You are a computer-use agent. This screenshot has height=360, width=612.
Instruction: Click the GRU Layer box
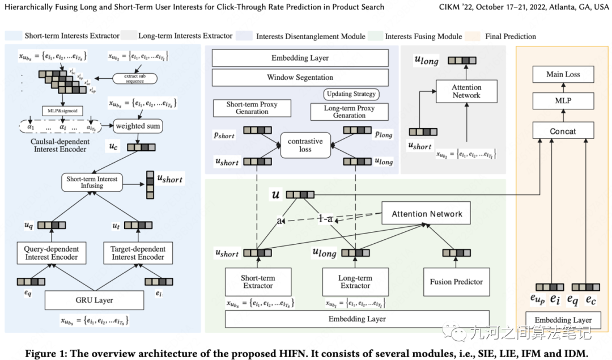point(95,300)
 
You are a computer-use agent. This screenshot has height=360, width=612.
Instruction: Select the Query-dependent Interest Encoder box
point(52,253)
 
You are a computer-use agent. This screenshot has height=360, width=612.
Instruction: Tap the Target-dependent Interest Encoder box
point(138,253)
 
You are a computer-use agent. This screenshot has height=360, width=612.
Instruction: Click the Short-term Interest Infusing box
point(92,183)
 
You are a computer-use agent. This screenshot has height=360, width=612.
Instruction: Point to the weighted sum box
point(137,125)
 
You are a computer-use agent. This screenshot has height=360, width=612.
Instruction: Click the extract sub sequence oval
point(135,78)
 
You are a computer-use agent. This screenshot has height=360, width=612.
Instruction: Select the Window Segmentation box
point(300,77)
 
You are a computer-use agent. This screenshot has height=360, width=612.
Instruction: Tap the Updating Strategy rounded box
point(351,94)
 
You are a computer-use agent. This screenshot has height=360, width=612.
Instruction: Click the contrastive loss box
point(305,145)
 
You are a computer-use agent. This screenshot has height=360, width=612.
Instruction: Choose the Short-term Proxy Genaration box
point(252,108)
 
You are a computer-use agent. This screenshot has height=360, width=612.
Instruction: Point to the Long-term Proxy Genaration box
point(349,111)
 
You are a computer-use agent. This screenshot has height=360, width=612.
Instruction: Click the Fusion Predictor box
point(456,282)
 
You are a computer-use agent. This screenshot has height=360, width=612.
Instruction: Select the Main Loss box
point(563,74)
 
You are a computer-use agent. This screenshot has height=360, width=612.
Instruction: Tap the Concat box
point(563,131)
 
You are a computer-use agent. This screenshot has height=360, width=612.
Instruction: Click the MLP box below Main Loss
point(563,101)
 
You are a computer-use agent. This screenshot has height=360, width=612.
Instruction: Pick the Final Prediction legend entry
point(511,36)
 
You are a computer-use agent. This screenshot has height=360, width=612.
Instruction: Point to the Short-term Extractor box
point(258,282)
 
